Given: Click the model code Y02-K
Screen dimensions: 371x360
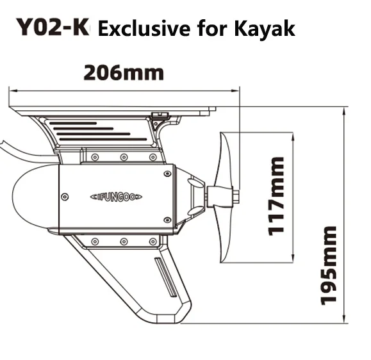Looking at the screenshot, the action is coord(53,27).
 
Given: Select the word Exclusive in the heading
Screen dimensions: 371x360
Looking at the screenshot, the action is coord(144,28).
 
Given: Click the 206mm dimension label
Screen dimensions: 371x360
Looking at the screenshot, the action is coord(124,73).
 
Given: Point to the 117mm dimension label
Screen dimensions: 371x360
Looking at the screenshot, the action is coord(276,196).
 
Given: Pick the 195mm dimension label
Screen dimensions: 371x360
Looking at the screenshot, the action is coord(329,265).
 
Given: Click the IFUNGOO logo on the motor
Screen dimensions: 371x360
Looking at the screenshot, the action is coord(116,197).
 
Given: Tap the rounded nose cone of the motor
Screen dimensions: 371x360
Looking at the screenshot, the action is coord(35,196).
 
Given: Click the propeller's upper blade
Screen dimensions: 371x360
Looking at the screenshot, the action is coord(225,158).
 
